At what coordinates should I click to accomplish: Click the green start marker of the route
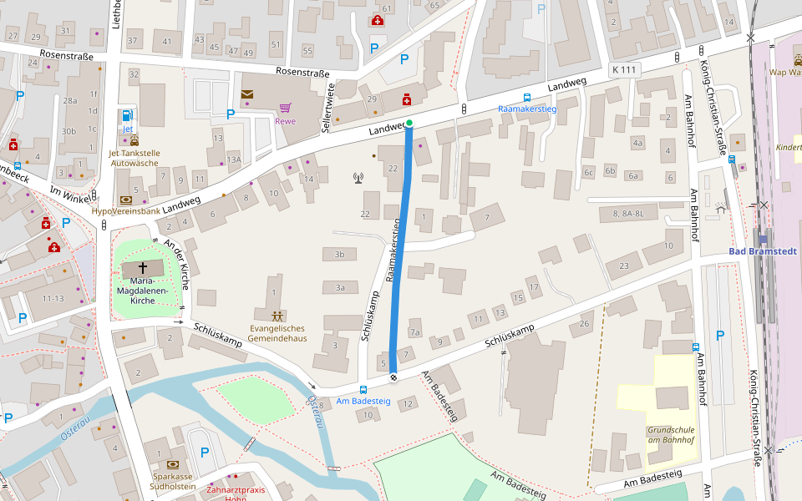pyautogui.click(x=409, y=123)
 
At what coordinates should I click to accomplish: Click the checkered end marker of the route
pyautogui.click(x=393, y=377)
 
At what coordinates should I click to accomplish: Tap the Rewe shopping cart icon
pyautogui.click(x=286, y=108)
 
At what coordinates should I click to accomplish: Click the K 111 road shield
pyautogui.click(x=625, y=70)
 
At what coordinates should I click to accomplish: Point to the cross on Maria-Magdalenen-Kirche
pyautogui.click(x=143, y=268)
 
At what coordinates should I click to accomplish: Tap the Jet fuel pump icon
pyautogui.click(x=127, y=115)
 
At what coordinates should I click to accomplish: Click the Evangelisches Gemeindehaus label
pyautogui.click(x=278, y=333)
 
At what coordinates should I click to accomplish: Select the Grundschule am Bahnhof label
pyautogui.click(x=671, y=436)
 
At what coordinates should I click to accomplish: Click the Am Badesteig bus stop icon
pyautogui.click(x=363, y=389)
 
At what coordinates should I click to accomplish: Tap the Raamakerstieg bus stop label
pyautogui.click(x=526, y=109)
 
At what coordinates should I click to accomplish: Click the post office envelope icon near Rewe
pyautogui.click(x=247, y=94)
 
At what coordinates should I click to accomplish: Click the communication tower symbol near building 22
pyautogui.click(x=358, y=177)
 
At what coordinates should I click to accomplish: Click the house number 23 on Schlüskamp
pyautogui.click(x=623, y=266)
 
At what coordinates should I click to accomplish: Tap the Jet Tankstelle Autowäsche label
pyautogui.click(x=135, y=158)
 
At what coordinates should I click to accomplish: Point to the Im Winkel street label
pyautogui.click(x=69, y=191)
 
